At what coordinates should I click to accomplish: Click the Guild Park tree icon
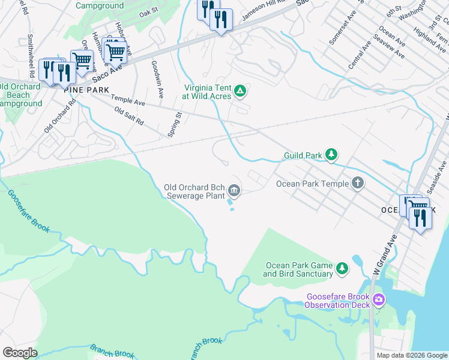pos(331,155)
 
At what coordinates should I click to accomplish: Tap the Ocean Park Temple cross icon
pos(358,183)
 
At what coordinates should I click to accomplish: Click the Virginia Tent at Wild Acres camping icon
pos(240,91)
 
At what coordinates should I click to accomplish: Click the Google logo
pos(20,353)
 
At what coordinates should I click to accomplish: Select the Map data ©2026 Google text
pos(411,355)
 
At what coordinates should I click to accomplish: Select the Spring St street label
pos(174,125)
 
